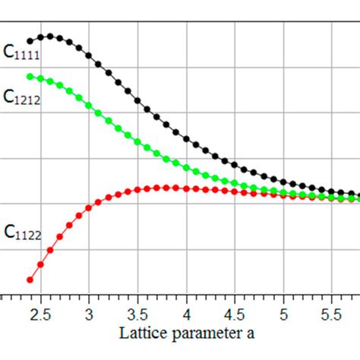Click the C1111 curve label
21,52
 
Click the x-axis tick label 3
89,314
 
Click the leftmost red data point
30,279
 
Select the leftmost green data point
30,76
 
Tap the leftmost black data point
30,41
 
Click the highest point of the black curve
49,36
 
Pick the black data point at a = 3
89,55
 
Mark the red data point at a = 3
89,210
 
